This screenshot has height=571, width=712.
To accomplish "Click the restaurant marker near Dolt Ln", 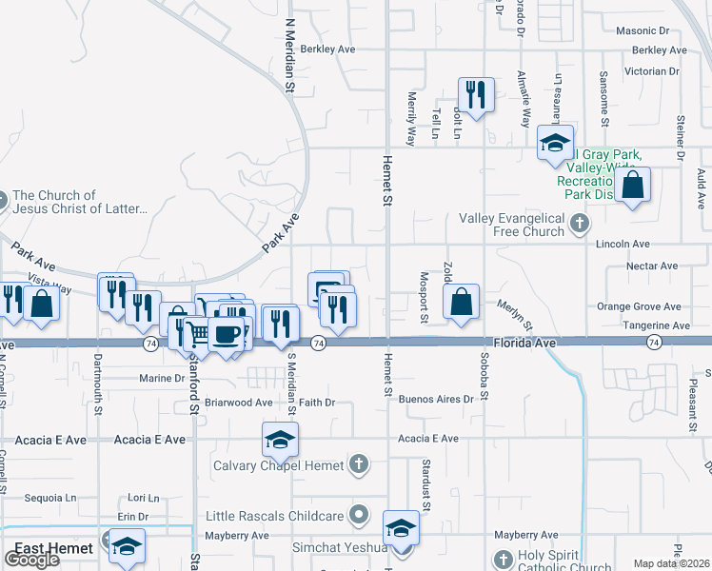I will [x=475, y=94].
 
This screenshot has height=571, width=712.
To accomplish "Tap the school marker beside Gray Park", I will [x=555, y=143].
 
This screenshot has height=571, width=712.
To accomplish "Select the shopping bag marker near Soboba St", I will [x=461, y=303].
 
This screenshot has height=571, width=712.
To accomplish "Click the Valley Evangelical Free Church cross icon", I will [x=579, y=226].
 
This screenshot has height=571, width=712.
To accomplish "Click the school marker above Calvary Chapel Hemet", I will [x=280, y=440].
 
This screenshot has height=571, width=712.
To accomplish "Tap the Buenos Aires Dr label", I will [x=436, y=400].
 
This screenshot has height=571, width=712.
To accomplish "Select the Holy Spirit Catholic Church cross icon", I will [x=504, y=561].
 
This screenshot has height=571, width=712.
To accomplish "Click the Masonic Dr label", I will [x=649, y=31].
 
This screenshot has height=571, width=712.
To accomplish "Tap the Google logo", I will [x=32, y=559].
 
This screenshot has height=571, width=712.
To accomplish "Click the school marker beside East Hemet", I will [x=126, y=546].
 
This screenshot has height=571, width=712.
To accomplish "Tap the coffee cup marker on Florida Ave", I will [x=227, y=334].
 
